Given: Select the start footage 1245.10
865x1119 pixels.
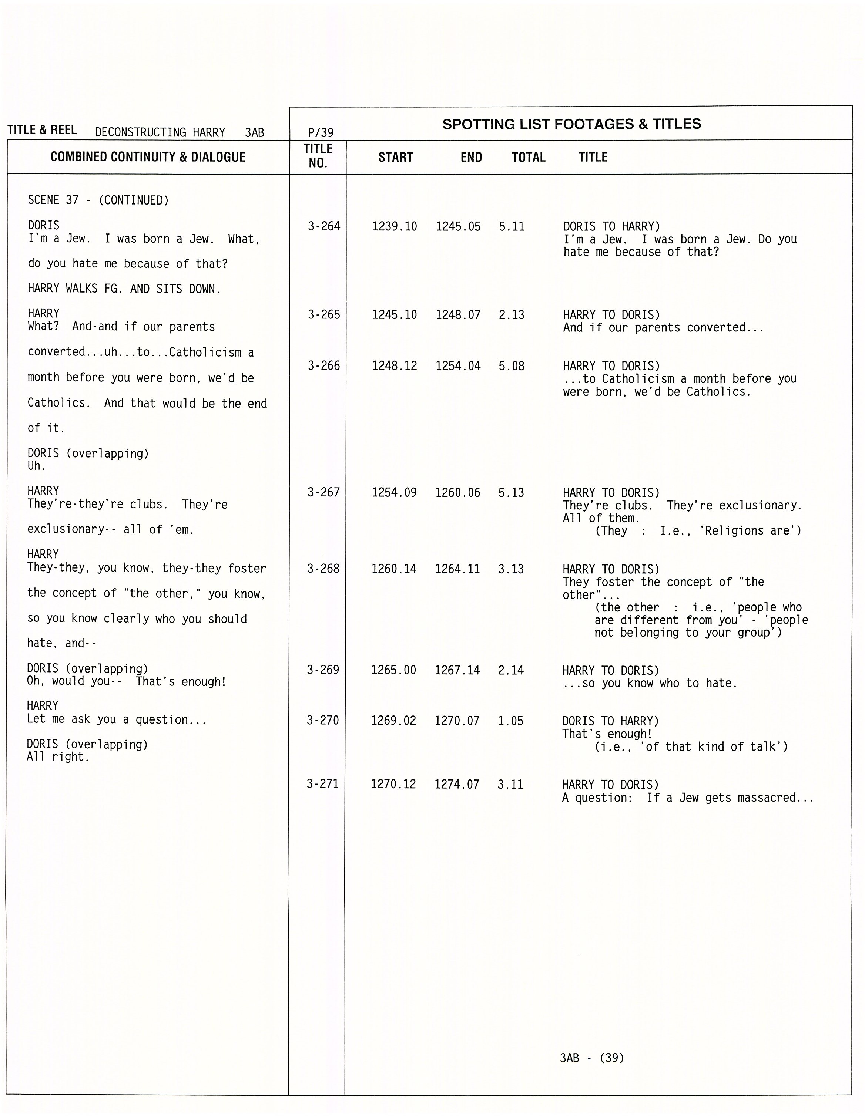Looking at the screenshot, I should coord(394,314).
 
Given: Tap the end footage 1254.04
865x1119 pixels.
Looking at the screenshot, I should coord(458,366).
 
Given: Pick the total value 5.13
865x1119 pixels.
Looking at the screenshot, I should coord(511,492).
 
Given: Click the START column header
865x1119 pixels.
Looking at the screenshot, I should coord(395,157).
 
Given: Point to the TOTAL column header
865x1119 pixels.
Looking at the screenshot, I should coord(528,157).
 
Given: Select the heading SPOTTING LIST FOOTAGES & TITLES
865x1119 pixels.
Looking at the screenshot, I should coord(571,124).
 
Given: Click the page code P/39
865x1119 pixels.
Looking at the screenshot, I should coord(321,133).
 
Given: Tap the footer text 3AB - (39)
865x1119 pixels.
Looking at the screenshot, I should coord(592,1058).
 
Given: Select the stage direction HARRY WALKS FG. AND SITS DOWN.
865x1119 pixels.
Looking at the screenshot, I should coord(124,289).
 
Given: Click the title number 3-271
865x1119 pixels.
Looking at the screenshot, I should coord(322,784).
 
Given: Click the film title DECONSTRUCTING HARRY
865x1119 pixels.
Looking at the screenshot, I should coord(160,133).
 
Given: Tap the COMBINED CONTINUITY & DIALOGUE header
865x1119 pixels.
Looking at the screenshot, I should coord(148,157).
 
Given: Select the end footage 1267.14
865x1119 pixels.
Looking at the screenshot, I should coord(457,670).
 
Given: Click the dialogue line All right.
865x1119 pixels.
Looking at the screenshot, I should coord(58,757).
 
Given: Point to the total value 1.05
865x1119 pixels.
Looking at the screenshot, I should coord(510,721).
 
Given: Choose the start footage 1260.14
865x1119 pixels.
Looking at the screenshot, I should coord(394,569).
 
